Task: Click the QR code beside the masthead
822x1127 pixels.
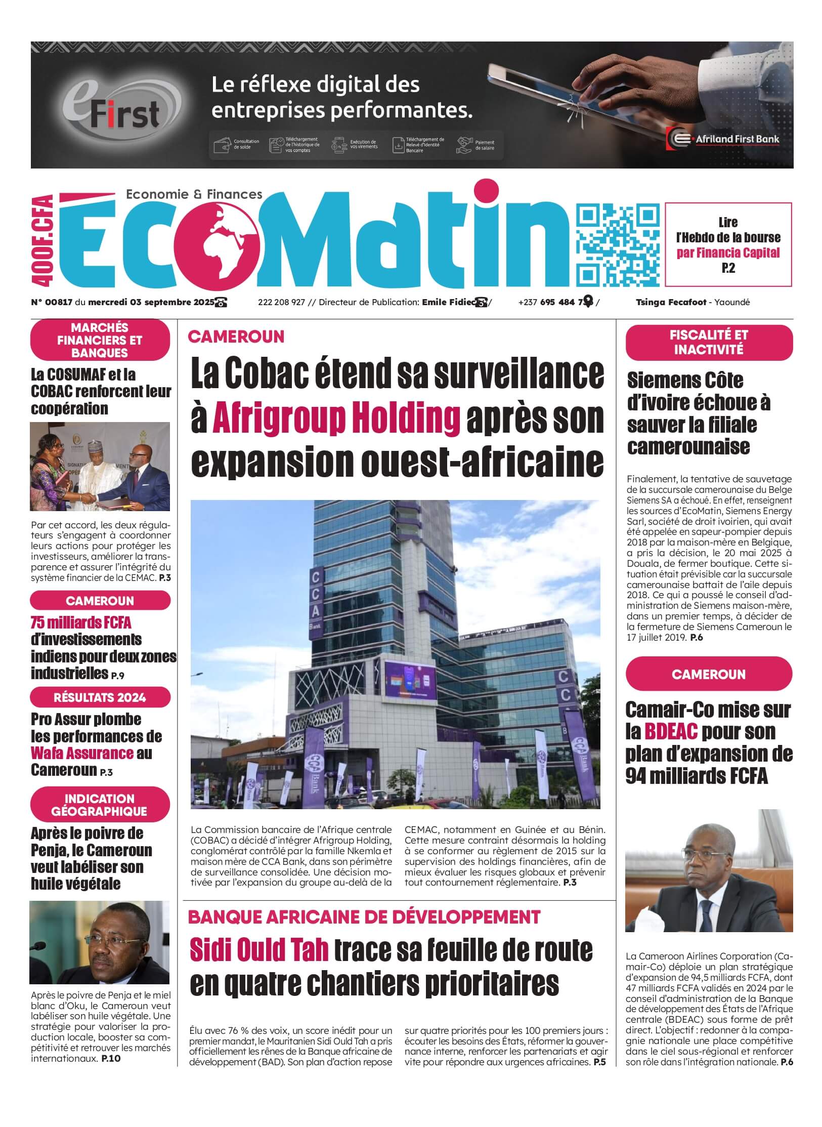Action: click(619, 245)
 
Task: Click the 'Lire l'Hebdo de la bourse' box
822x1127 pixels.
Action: click(728, 244)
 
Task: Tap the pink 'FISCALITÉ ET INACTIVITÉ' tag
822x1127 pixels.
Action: click(708, 342)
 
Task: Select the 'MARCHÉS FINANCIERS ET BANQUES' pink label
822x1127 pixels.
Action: click(100, 340)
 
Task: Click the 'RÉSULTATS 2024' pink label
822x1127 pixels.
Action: click(100, 697)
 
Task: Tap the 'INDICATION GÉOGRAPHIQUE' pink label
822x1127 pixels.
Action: click(100, 805)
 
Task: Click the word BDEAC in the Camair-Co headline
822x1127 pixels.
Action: click(671, 731)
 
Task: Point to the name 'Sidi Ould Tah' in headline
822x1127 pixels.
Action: click(259, 950)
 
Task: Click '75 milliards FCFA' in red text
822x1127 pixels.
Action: click(81, 622)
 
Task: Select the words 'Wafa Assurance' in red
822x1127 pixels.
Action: click(82, 753)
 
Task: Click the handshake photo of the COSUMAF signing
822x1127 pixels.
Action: click(100, 466)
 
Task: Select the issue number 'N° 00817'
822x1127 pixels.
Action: click(52, 303)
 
